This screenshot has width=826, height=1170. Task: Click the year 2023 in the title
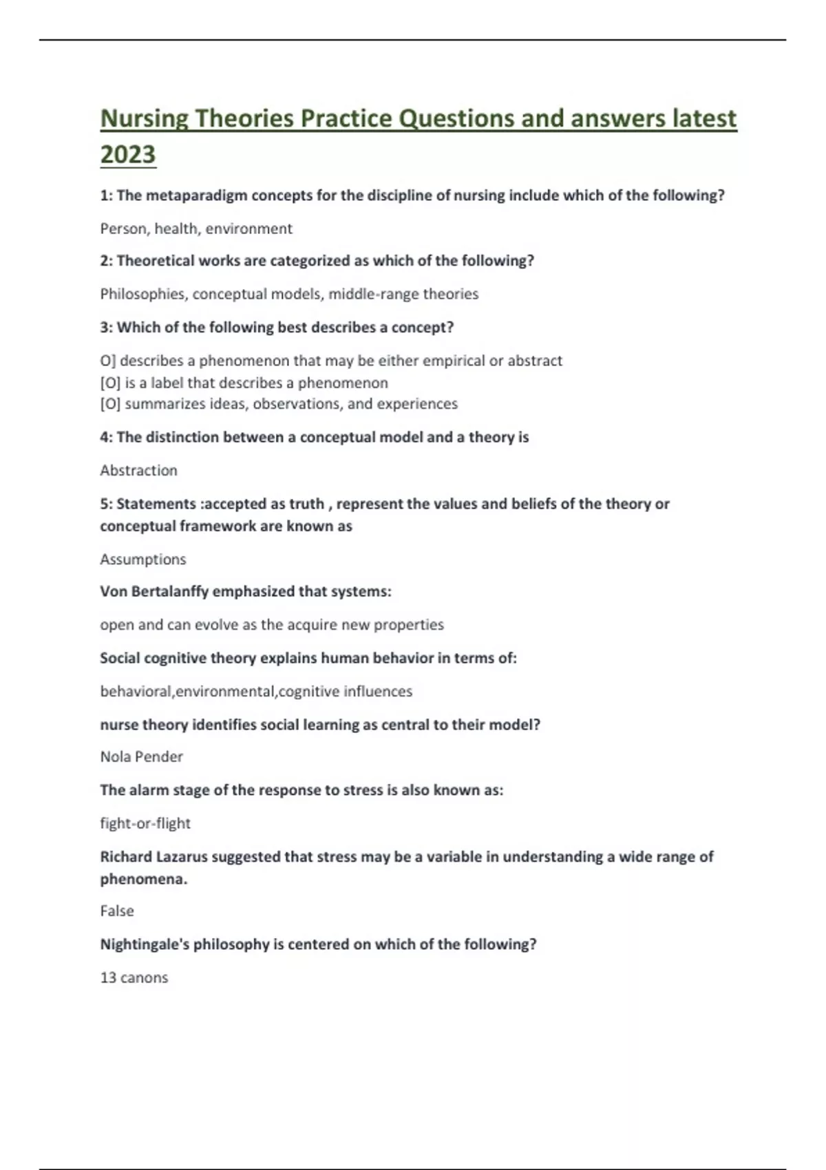128,154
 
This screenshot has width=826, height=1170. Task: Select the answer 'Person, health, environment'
196,228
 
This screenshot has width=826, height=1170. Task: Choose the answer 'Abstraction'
138,470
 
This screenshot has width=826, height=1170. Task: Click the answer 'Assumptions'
143,559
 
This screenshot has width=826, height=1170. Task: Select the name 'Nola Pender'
141,756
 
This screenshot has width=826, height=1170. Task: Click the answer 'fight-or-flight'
145,823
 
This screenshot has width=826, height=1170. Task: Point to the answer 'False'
117,911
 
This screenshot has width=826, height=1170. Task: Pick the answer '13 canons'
134,977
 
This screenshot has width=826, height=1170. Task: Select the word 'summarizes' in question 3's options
160,404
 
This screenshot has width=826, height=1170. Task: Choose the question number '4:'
107,437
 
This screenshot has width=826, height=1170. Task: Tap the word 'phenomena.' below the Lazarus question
143,879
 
